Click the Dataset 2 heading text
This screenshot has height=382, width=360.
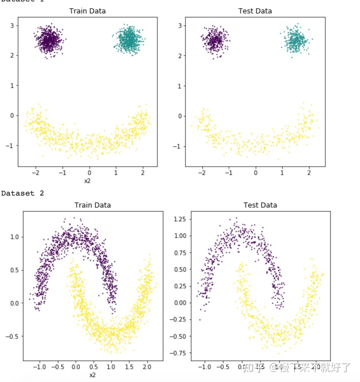coord(22,193)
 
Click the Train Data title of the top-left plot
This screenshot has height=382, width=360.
coord(87,11)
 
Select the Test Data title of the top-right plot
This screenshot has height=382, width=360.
coord(255,11)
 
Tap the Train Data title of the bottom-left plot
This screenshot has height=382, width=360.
coord(93,205)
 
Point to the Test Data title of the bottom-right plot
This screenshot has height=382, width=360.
coord(260,205)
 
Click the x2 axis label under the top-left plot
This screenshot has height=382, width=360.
coord(87,181)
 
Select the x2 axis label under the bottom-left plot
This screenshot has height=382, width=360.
coord(92,375)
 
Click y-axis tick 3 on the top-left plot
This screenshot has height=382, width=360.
coord(12,25)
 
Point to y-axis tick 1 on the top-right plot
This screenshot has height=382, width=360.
coord(180,86)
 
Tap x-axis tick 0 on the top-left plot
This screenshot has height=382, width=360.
coord(89,173)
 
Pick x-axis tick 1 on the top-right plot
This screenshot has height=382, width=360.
coord(282,173)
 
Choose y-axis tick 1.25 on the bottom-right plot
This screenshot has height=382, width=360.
coord(180,219)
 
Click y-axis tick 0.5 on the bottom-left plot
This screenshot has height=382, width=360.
coord(14,270)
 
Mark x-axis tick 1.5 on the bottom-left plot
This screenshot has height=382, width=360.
coord(129,367)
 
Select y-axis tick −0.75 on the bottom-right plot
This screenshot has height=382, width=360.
coord(178,353)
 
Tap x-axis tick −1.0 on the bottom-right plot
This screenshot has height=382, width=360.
coord(205,367)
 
